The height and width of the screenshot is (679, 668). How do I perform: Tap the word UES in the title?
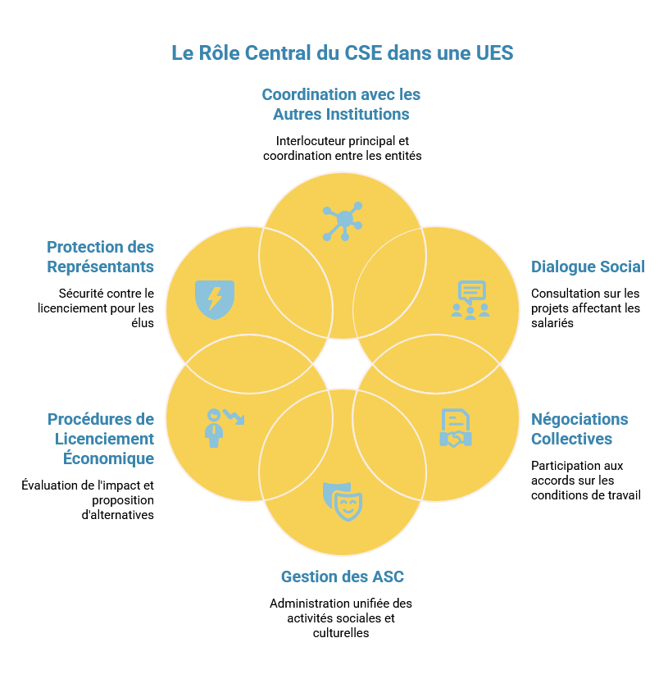[x=493, y=53]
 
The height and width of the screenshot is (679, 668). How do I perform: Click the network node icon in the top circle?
[x=343, y=221]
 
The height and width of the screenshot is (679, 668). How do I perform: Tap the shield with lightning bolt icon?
[x=215, y=297]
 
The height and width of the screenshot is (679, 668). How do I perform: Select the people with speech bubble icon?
[x=470, y=300]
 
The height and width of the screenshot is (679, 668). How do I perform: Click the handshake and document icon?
[x=456, y=428]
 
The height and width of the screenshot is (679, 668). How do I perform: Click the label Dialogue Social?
[x=588, y=267]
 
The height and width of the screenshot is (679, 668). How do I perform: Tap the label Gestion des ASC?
[x=343, y=576]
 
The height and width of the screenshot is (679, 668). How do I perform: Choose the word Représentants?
[x=100, y=267]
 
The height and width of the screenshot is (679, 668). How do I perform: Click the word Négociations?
[x=579, y=419]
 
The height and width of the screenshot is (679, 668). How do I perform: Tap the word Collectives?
[x=571, y=439]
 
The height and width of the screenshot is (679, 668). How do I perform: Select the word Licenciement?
[x=104, y=439]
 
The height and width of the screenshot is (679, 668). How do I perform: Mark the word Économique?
[x=108, y=458]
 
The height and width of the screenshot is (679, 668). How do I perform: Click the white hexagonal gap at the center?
[x=343, y=363]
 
